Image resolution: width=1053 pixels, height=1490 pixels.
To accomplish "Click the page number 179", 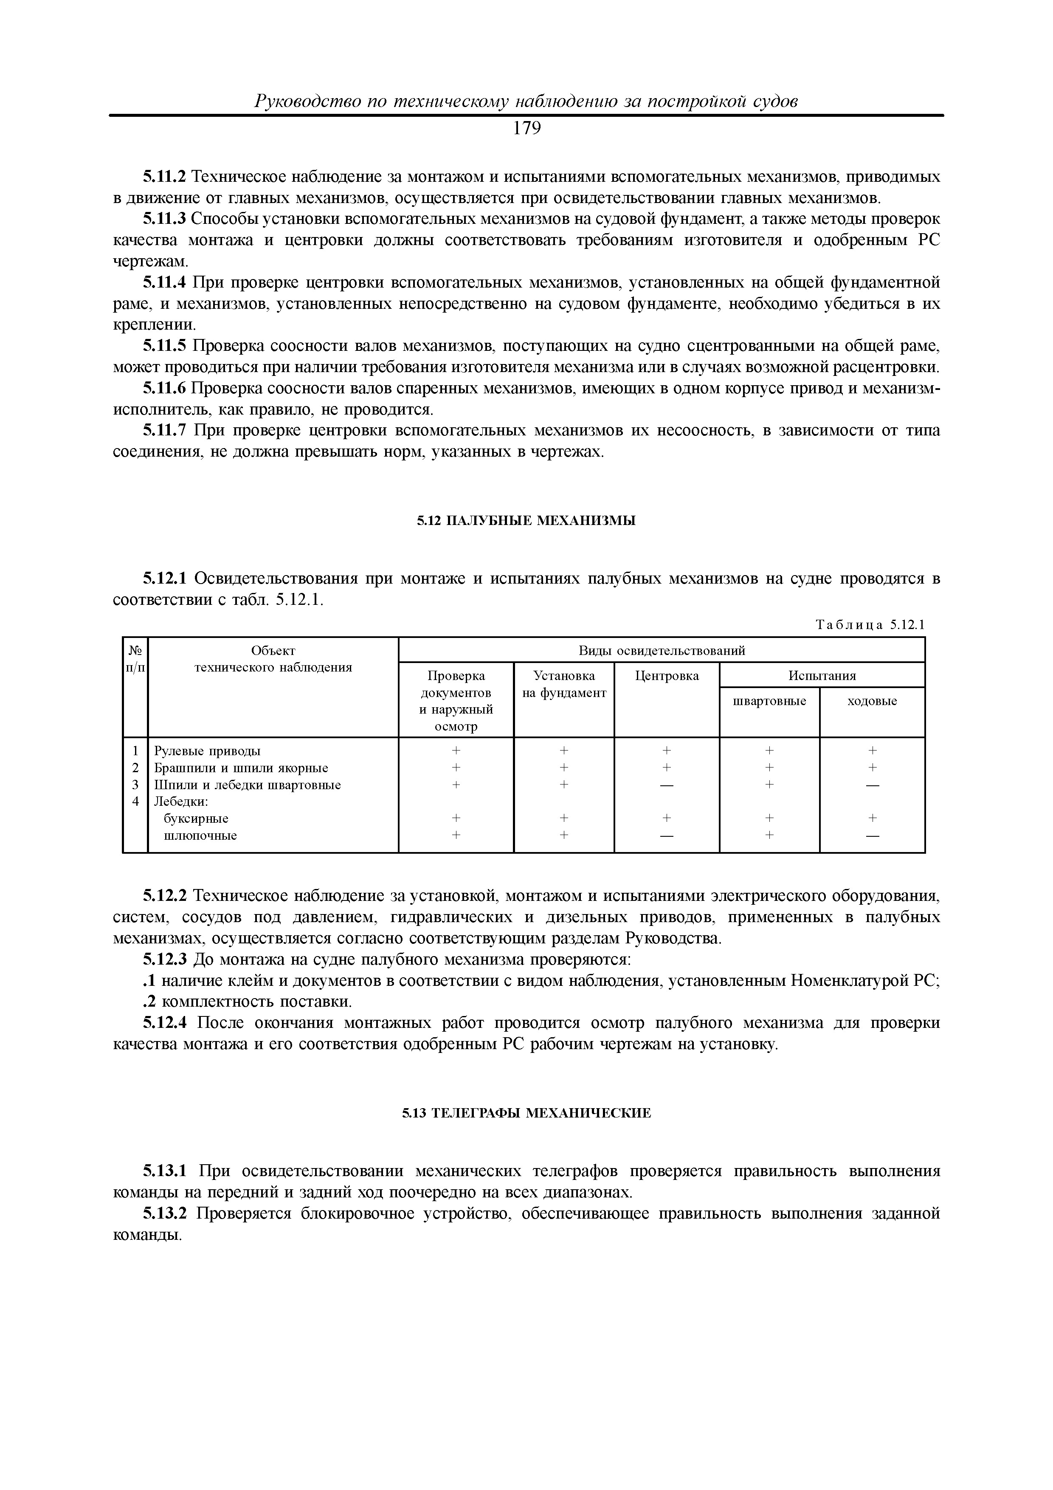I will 526,129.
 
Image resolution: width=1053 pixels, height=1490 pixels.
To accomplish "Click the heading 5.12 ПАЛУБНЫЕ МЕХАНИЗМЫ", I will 526,520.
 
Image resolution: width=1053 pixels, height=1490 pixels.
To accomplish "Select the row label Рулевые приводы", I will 207,751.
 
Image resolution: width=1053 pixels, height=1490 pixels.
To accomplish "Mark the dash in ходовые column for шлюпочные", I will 872,836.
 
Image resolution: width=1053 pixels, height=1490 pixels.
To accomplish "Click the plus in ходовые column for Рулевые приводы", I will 872,751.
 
